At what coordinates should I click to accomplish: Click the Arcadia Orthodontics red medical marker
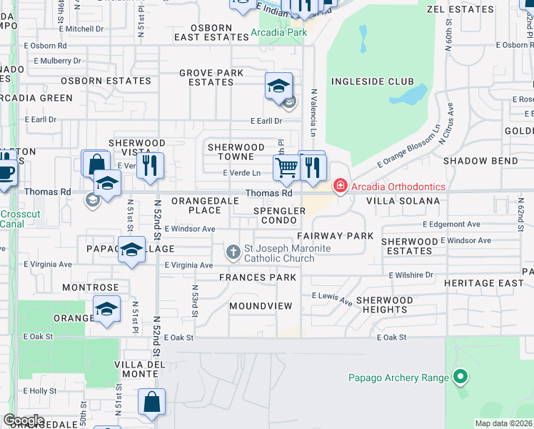341,187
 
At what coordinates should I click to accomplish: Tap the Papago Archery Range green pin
460,377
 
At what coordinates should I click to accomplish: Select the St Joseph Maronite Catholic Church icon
233,252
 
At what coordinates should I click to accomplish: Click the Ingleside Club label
372,82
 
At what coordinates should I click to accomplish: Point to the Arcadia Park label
278,32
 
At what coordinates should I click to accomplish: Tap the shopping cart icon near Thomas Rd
286,168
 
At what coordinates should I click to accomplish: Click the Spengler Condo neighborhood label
280,215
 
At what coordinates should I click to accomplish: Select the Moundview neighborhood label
261,306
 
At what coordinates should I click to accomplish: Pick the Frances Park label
258,277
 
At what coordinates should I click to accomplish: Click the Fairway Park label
336,235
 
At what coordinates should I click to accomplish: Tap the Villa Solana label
403,202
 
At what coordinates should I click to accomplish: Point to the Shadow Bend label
480,161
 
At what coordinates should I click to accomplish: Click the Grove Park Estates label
211,77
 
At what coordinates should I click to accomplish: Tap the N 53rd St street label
194,300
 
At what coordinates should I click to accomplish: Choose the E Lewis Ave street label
332,298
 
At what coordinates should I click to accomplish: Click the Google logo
24,420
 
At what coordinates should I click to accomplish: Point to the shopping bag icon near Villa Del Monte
152,403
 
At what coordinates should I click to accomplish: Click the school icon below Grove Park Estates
278,87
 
